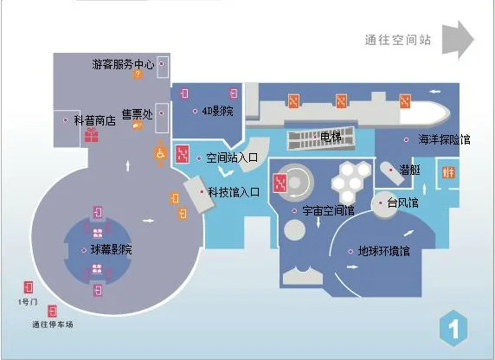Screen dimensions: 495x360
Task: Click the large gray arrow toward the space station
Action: [458, 40]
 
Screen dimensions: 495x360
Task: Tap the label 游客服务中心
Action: [123, 64]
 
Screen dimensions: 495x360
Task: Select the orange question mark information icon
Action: [138, 74]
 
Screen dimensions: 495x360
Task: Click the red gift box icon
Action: [92, 135]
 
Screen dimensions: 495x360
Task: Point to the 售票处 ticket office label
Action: [138, 114]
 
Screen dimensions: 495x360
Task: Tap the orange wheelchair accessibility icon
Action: [160, 154]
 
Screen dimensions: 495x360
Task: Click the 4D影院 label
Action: [217, 111]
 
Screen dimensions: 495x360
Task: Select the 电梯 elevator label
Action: [331, 137]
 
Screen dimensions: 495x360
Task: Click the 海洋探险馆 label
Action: [444, 139]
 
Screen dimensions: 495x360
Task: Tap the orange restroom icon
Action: [448, 172]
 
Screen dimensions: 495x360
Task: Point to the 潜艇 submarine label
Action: [410, 170]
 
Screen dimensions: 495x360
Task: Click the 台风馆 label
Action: [402, 202]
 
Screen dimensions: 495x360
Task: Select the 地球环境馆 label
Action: [384, 251]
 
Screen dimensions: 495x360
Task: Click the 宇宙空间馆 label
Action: [328, 210]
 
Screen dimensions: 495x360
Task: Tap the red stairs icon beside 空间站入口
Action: [183, 154]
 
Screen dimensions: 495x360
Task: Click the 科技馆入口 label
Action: [234, 192]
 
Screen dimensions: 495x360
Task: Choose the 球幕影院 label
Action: [111, 250]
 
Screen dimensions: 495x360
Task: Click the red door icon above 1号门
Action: [29, 287]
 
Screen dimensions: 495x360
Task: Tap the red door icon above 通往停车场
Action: [52, 312]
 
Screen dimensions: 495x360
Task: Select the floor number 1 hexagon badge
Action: [453, 329]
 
